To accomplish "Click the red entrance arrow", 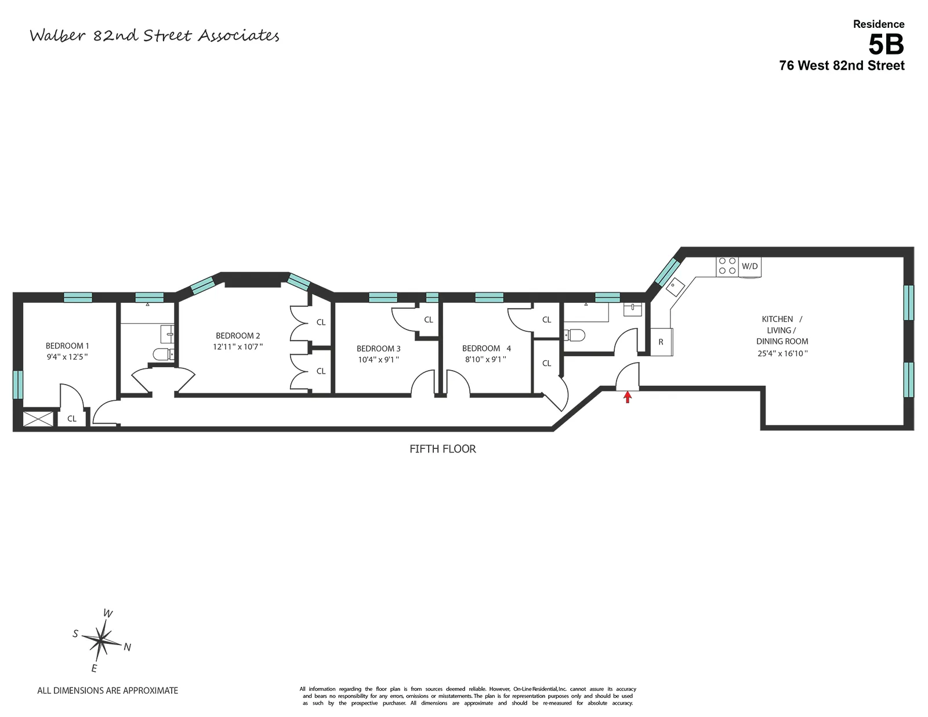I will coord(627,397).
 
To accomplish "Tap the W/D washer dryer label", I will coord(749,266).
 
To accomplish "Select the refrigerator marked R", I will coord(661,342).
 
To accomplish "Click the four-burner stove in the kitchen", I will coord(727,266).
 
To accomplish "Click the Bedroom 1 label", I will coord(67,346).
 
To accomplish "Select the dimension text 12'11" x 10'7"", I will coord(238,347).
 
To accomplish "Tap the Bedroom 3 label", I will coord(378,349).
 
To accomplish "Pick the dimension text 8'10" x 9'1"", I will coord(485,359).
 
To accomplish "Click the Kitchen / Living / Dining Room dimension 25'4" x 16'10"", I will coord(782,353).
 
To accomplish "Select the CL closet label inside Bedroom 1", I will coord(72,418).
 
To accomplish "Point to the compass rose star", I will coord(101,640).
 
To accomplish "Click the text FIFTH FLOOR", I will coord(443,449).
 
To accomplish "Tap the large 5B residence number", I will coord(886,44).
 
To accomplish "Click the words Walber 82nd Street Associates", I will coord(154,36).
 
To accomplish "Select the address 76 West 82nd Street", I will coord(842,66).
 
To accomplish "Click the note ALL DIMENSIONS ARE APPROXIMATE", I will coord(108,690).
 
